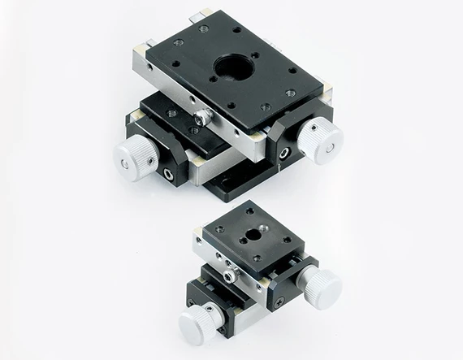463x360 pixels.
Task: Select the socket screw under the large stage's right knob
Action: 283,152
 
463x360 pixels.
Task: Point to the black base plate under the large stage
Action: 236,189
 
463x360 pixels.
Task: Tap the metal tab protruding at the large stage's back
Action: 198,14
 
